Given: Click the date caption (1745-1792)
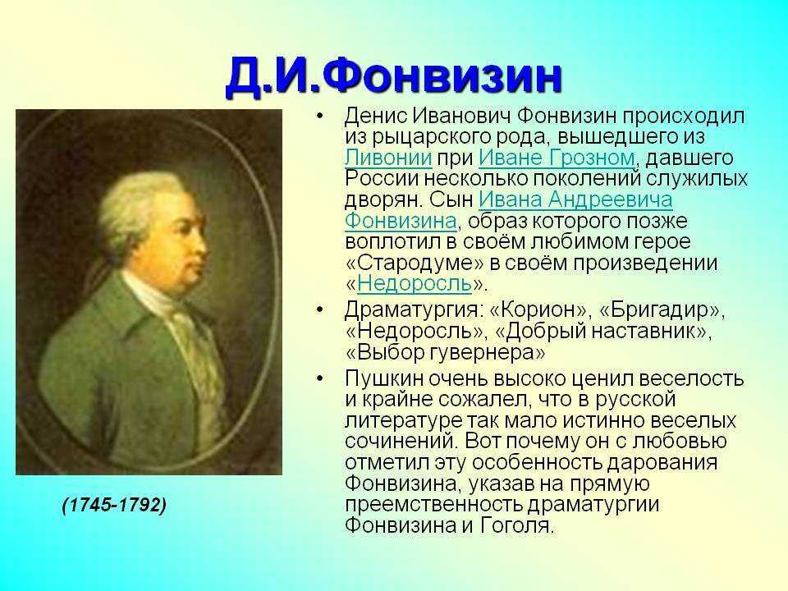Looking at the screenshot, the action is pyautogui.click(x=115, y=505).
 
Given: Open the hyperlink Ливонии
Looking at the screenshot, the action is pyautogui.click(x=388, y=158).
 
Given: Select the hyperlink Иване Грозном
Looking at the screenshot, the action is pyautogui.click(x=557, y=158).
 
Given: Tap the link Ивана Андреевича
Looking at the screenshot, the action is pyautogui.click(x=575, y=200).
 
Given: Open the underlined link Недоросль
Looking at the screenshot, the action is pyautogui.click(x=415, y=284).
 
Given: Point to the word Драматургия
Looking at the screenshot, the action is pyautogui.click(x=410, y=310).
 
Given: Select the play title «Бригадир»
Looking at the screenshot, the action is pyautogui.click(x=660, y=310).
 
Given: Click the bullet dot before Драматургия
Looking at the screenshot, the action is pyautogui.click(x=319, y=309).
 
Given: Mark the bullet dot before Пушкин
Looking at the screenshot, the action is pyautogui.click(x=319, y=378).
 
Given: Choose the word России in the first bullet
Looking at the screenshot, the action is pyautogui.click(x=382, y=179).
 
